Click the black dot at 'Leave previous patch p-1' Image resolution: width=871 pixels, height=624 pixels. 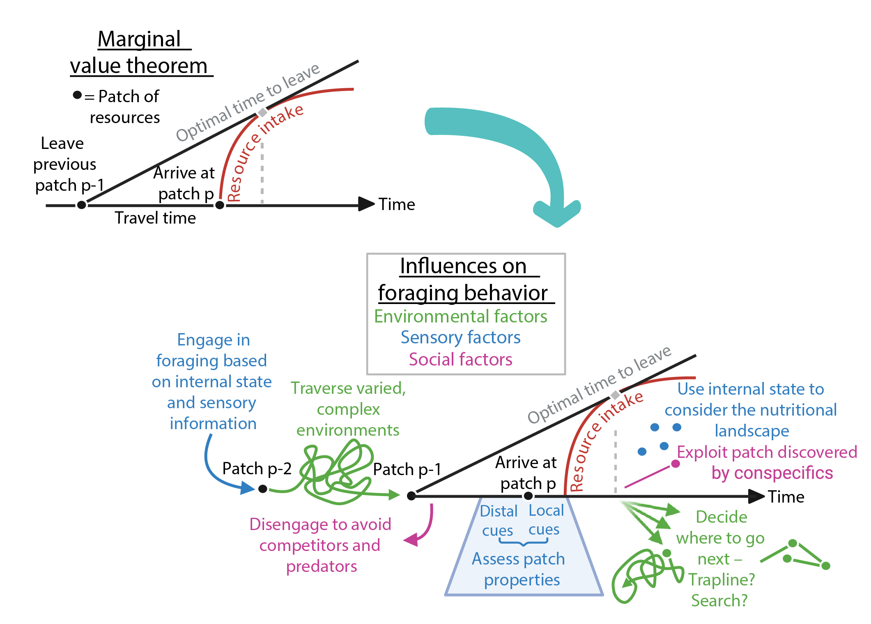tap(81, 204)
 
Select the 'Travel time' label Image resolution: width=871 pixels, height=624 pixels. tap(155, 218)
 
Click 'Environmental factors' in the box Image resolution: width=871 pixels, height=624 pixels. tap(460, 316)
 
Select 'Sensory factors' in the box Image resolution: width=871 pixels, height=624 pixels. tap(460, 337)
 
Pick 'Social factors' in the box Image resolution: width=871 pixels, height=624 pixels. tap(460, 359)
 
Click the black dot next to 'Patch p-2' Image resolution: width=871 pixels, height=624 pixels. tap(263, 489)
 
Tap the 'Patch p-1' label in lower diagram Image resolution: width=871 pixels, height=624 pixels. tap(407, 469)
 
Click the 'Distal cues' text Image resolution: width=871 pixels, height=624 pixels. tap(498, 520)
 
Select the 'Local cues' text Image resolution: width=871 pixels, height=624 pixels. tap(545, 519)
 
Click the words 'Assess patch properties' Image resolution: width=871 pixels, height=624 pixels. tap(519, 569)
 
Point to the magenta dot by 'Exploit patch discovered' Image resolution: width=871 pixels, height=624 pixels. tap(675, 464)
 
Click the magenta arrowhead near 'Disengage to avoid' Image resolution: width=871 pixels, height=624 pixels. tap(411, 539)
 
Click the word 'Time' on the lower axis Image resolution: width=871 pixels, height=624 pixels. tap(786, 497)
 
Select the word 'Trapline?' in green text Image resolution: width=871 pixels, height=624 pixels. tap(722, 580)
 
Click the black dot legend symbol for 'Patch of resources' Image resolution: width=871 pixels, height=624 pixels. tap(77, 95)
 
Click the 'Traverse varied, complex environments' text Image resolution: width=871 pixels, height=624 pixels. tap(348, 409)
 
